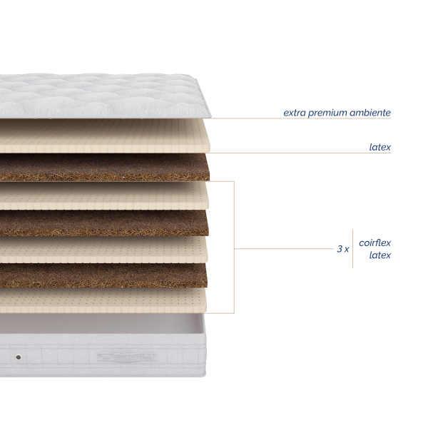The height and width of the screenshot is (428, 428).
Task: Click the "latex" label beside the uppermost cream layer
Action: pos(380,147)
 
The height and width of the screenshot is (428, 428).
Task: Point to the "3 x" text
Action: pos(343,249)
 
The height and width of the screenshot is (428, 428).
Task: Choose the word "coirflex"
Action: pos(374,243)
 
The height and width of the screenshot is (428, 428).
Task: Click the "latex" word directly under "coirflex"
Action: pos(380,255)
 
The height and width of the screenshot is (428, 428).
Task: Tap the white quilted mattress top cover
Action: pos(101,96)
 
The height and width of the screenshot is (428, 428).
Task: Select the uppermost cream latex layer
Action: pos(103,136)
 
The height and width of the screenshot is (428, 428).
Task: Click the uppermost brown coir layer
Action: pos(103,167)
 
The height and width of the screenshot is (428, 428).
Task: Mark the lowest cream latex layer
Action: pos(103,300)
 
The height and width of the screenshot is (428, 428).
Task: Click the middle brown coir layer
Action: pos(103,223)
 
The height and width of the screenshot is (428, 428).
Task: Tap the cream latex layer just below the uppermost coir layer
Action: pos(103,195)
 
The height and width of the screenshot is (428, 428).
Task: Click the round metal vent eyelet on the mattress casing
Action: pos(19,357)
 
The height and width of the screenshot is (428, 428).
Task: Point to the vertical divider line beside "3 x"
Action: pos(352,249)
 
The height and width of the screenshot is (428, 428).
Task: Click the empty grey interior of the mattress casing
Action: pos(101,323)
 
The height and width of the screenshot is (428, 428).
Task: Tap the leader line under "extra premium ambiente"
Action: pos(301,118)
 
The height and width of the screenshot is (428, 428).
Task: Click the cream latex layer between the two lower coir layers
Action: pos(103,250)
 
